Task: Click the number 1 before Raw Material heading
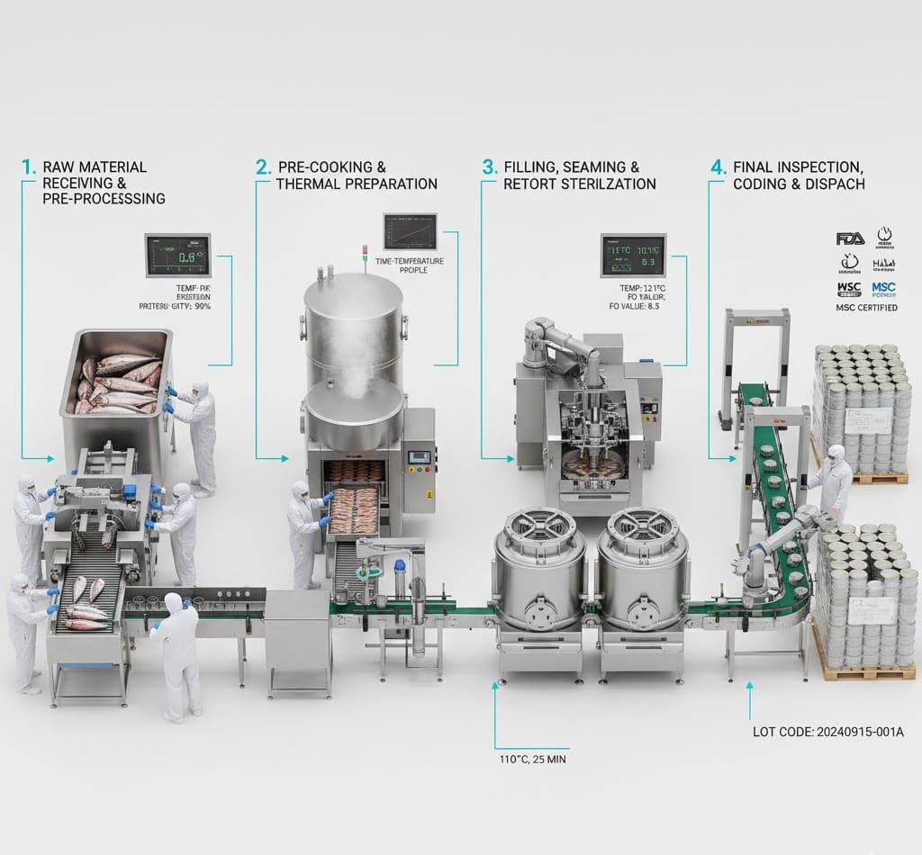pyautogui.click(x=28, y=167)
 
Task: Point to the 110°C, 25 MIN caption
pyautogui.click(x=531, y=759)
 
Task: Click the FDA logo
pyautogui.click(x=850, y=238)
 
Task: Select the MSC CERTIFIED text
pyautogui.click(x=867, y=308)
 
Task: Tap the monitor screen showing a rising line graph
pyautogui.click(x=410, y=231)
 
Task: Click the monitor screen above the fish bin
pyautogui.click(x=177, y=256)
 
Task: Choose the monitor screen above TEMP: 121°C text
pyautogui.click(x=633, y=256)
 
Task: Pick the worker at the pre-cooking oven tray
pyautogui.click(x=304, y=531)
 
